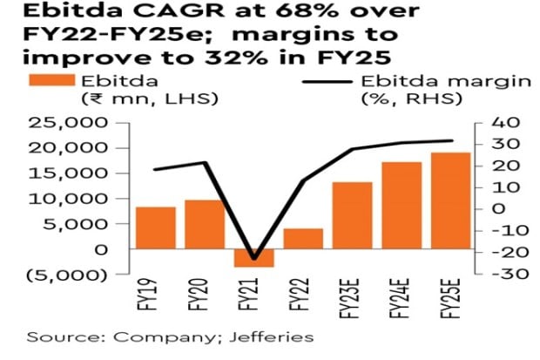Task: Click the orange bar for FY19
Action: [156, 228]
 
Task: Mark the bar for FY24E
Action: [402, 206]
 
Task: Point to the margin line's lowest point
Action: [254, 259]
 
